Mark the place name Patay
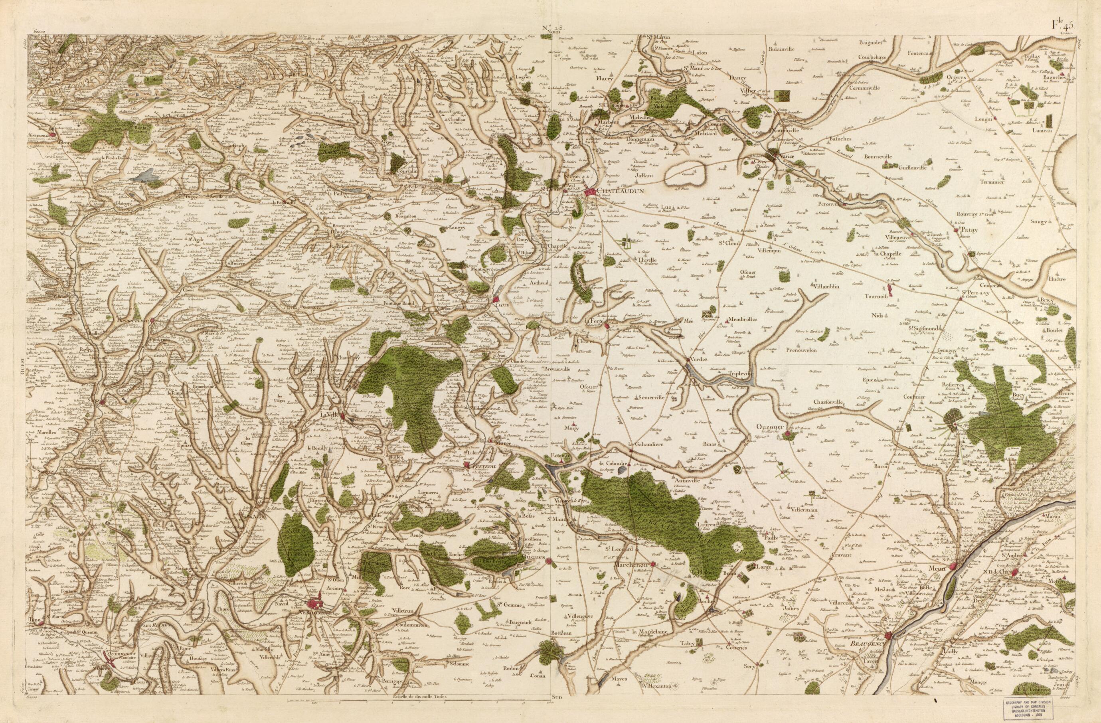click(x=969, y=229)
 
